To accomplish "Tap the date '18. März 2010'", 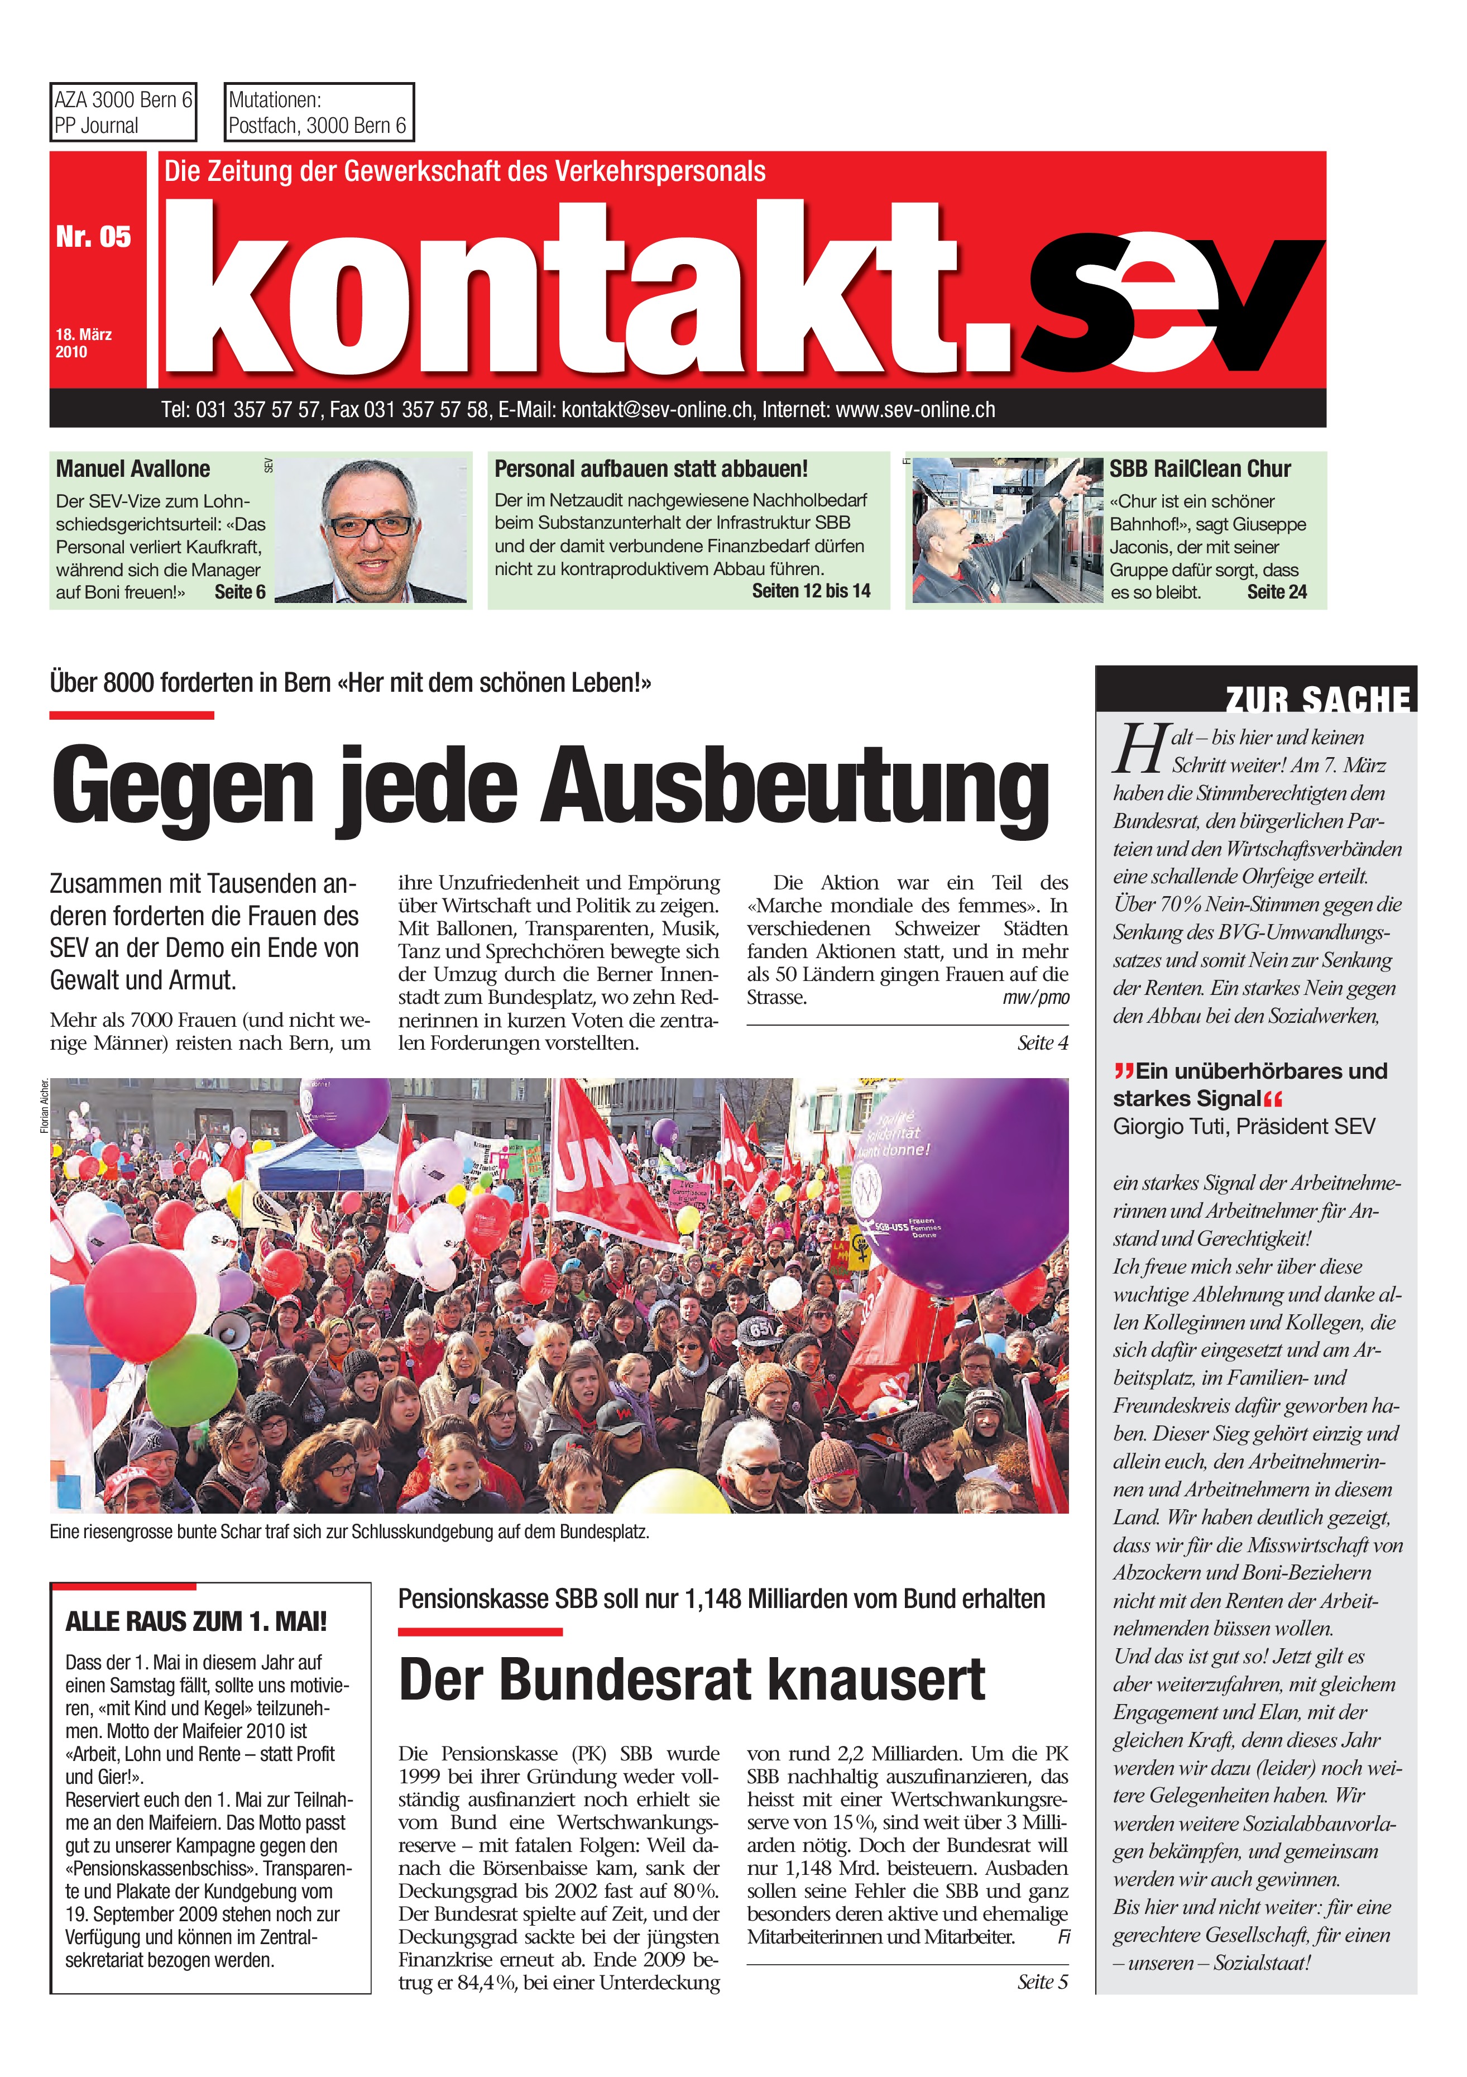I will (x=83, y=343).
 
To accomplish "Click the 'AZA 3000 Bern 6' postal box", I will (x=123, y=112).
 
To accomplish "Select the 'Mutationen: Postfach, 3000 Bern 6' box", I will (x=318, y=112).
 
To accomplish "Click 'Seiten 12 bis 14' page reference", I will (x=811, y=591).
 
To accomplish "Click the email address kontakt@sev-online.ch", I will (x=656, y=410).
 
